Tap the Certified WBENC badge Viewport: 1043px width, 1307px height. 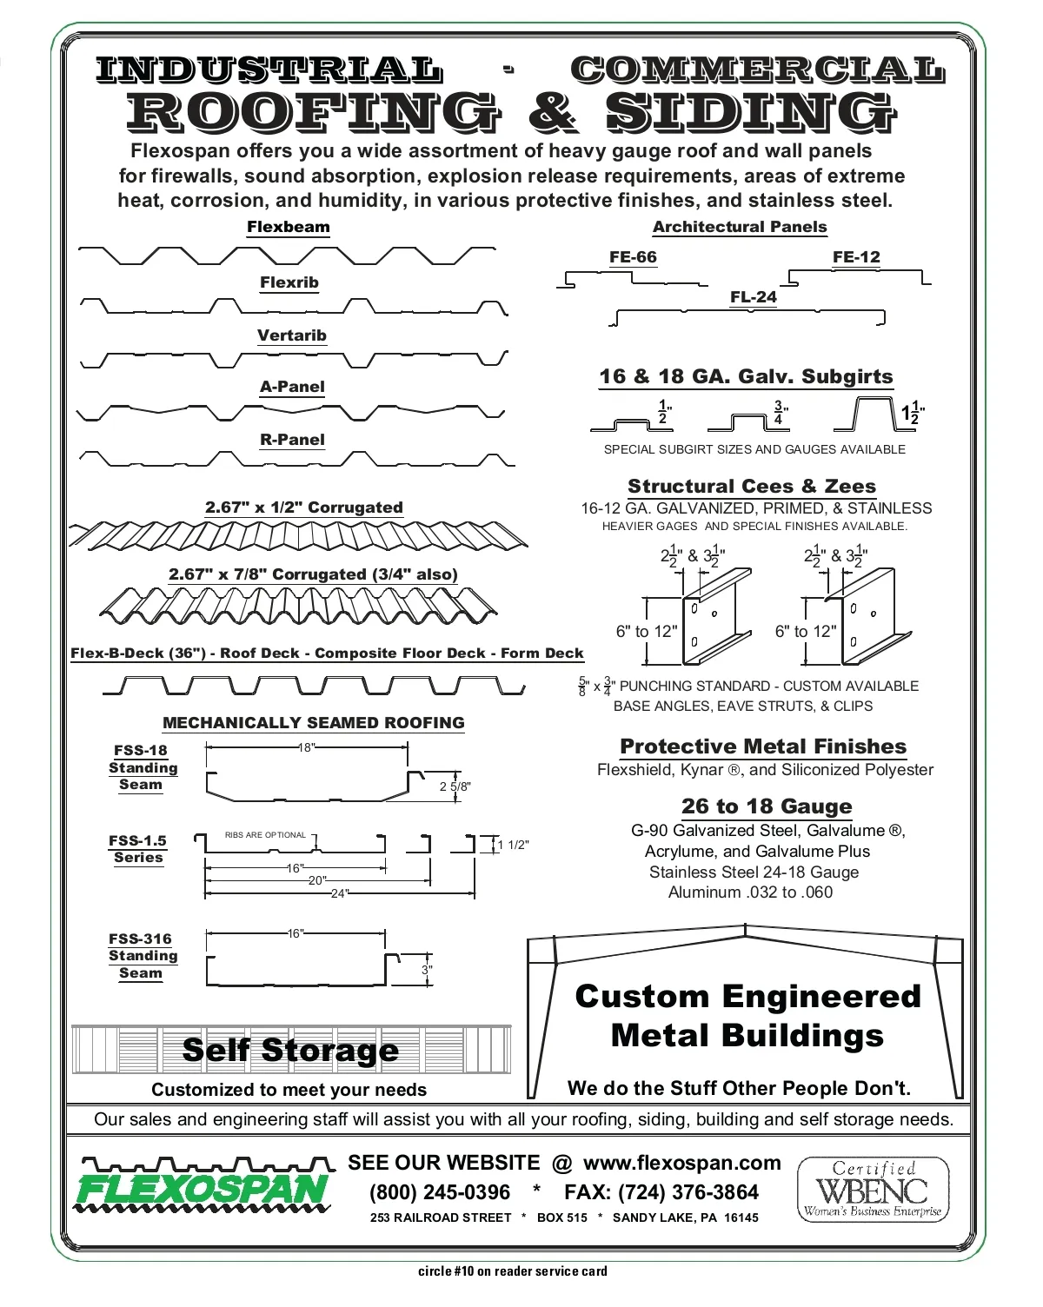(x=873, y=1189)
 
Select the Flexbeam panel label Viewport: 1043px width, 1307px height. (x=289, y=228)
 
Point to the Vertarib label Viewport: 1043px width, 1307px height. (x=292, y=335)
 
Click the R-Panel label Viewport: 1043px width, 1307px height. (x=292, y=440)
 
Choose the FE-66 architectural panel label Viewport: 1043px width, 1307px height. (x=633, y=257)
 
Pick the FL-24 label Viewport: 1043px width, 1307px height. (x=754, y=297)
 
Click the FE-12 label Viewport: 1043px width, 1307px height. (x=856, y=257)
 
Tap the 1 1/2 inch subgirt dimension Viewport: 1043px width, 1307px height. (x=913, y=414)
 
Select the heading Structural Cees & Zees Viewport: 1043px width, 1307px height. (x=752, y=487)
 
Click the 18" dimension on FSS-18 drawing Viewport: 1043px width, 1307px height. (x=306, y=747)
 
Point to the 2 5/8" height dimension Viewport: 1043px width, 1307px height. (x=455, y=786)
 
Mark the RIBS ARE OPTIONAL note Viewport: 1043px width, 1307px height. (x=265, y=835)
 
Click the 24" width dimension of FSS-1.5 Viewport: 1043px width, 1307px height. (x=339, y=893)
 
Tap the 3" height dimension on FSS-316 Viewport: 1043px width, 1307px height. (x=427, y=970)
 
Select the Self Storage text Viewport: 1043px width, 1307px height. (x=290, y=1051)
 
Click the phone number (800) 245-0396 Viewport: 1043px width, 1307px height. (x=440, y=1192)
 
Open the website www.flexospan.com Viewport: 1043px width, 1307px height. (x=682, y=1163)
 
